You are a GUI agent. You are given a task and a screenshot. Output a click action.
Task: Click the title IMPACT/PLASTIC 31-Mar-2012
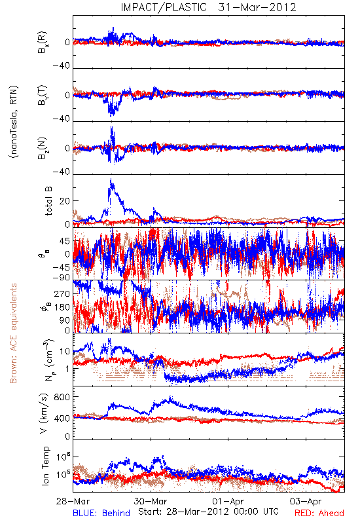pos(208,7)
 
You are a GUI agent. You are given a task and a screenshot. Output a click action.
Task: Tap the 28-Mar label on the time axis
pos(73,501)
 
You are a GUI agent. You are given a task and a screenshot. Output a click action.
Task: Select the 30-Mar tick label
pos(151,501)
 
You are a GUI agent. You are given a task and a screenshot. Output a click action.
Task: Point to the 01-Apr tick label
pos(228,501)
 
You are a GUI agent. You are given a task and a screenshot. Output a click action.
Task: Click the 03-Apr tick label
pos(306,501)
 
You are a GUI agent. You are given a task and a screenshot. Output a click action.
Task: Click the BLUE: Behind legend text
pos(101,513)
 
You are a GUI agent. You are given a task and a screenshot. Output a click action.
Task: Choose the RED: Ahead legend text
pos(319,513)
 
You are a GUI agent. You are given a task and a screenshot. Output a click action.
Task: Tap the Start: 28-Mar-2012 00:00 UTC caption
pos(208,512)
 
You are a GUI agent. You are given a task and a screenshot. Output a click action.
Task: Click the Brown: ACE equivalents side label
pos(13,333)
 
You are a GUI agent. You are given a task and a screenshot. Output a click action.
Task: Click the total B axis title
pos(48,201)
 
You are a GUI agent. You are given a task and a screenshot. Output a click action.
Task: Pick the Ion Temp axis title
pos(45,466)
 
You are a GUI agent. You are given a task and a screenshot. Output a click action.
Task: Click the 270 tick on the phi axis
pos(62,293)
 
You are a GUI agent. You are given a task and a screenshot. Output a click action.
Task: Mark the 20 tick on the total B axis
pos(65,201)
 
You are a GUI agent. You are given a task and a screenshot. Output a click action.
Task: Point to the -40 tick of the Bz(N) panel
pos(61,172)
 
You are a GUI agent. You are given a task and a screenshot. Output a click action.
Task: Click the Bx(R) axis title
pos(43,42)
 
